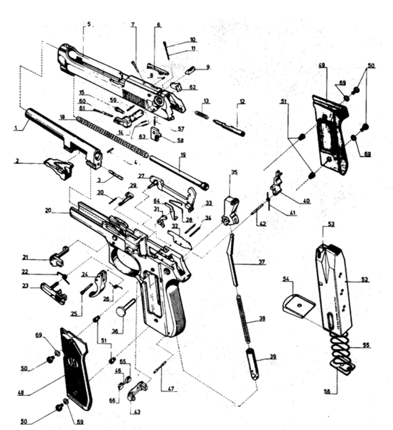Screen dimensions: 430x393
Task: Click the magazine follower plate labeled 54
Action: tap(298, 305)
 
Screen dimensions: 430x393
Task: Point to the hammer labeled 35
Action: tap(232, 211)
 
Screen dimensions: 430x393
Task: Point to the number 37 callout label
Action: tap(262, 262)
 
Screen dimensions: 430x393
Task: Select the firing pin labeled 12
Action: tap(229, 127)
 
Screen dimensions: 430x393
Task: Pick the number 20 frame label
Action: tap(48, 210)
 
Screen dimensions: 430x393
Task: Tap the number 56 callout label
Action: tap(327, 391)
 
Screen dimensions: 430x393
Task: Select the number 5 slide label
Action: tap(89, 24)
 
